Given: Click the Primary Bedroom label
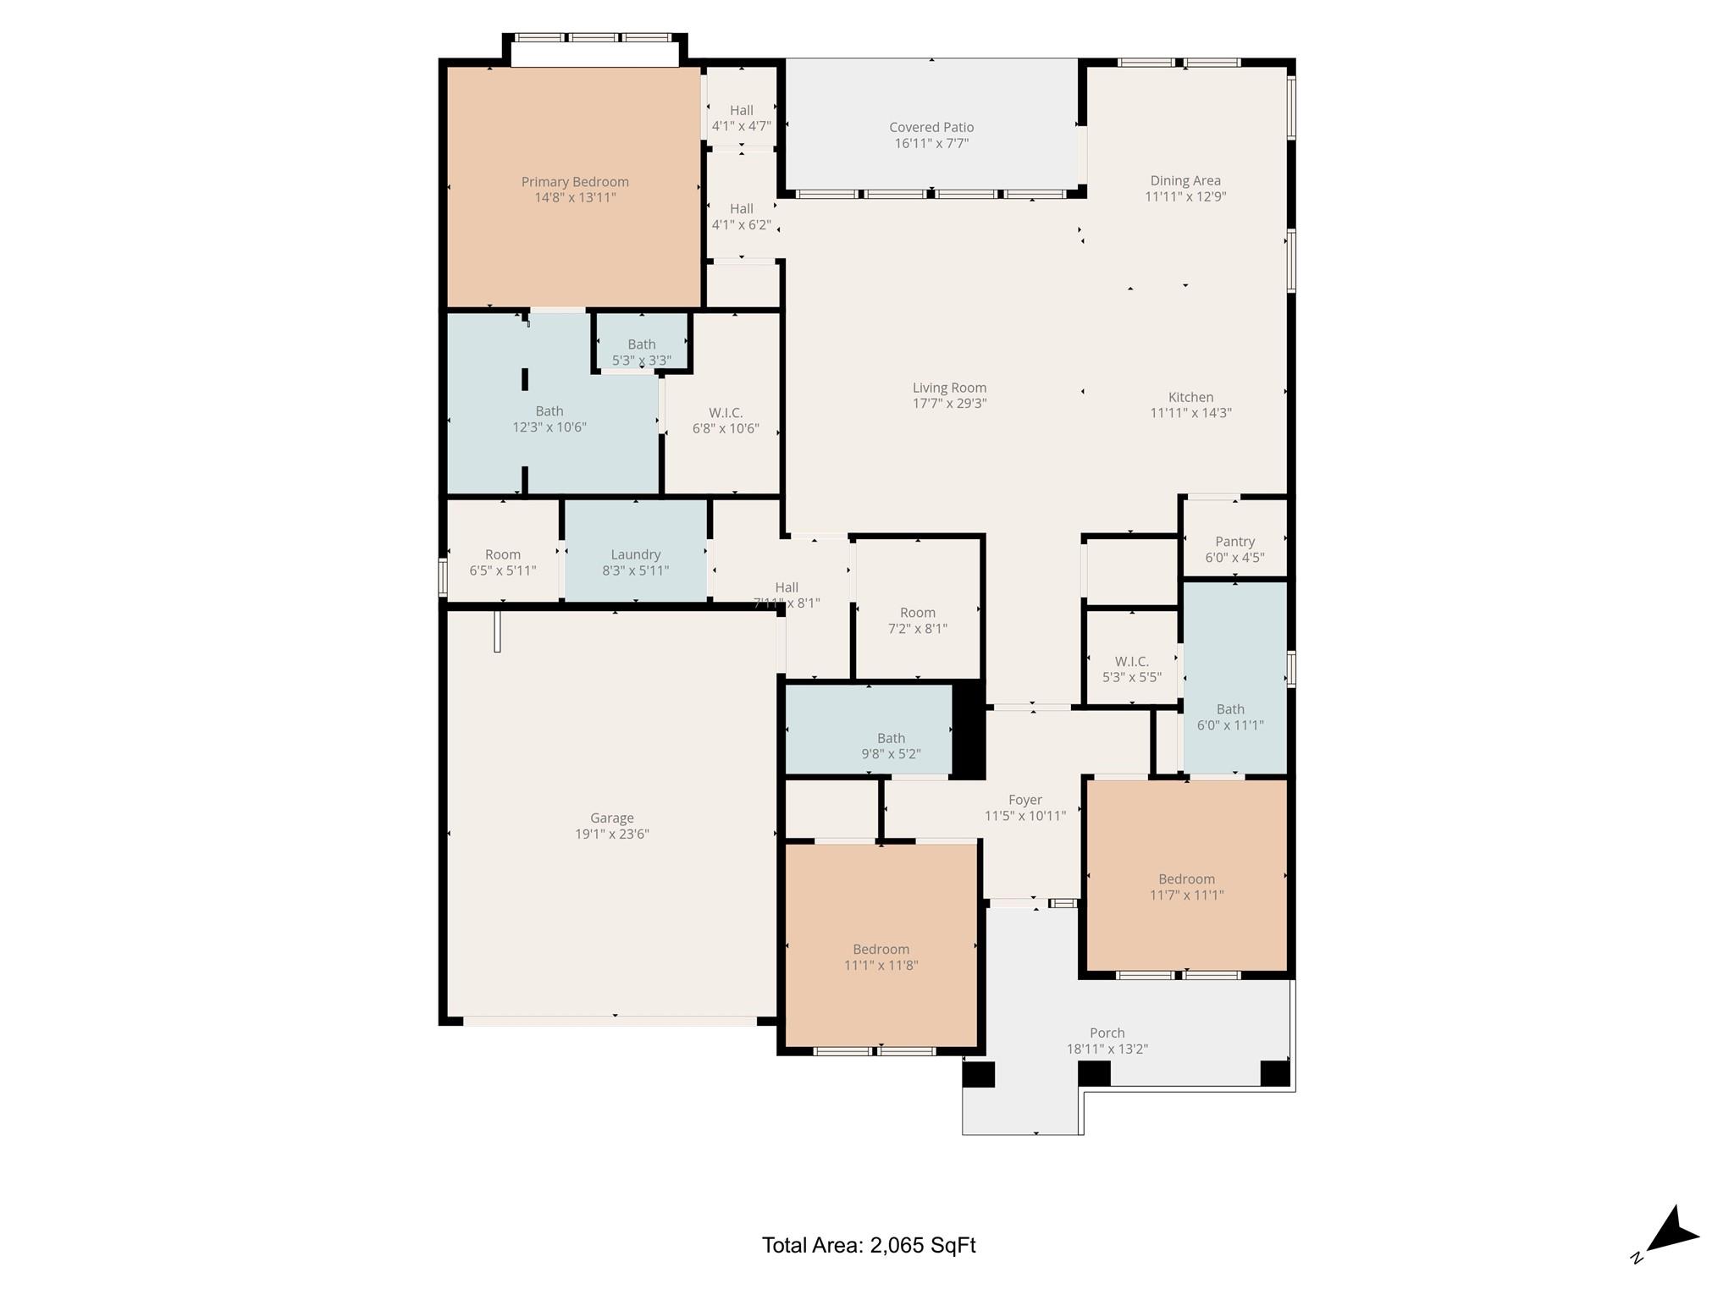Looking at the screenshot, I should tap(575, 182).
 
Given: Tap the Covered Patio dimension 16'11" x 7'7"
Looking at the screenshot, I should tap(931, 144).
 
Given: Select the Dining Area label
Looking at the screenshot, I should tap(1185, 180).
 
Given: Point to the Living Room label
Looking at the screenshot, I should tap(949, 388).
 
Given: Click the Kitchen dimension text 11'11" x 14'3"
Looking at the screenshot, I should tap(1190, 413).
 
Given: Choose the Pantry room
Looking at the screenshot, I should tap(1234, 548).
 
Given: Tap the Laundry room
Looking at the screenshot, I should tap(635, 562).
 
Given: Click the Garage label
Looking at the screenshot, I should tap(611, 818).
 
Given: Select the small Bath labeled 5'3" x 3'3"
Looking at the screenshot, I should tap(642, 351).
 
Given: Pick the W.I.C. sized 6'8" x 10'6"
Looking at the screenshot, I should tap(726, 420).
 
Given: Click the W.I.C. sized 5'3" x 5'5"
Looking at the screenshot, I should tap(1131, 669).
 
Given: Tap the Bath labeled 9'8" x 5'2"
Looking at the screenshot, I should tap(891, 746).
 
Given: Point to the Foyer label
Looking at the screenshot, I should tap(1024, 800).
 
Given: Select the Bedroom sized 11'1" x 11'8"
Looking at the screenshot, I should tap(881, 956).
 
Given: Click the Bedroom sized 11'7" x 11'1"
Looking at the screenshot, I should tap(1186, 886).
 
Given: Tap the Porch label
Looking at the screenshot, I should tap(1107, 1033).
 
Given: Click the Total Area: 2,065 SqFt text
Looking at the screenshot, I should tap(868, 1245).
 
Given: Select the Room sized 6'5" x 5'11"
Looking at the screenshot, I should tap(502, 562).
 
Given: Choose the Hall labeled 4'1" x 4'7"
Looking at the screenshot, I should tap(741, 118).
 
